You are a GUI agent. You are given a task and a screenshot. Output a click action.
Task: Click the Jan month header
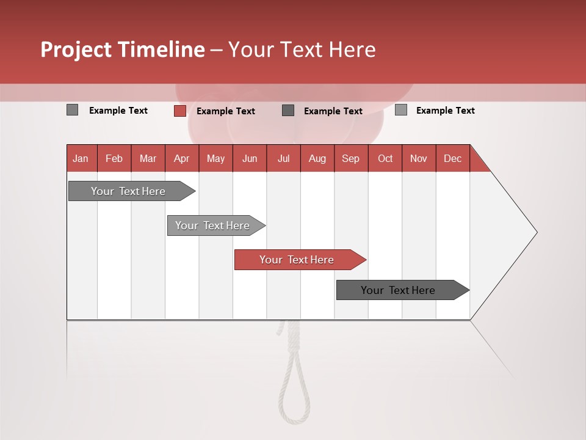tap(81, 158)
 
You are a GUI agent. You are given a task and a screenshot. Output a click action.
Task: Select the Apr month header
tap(181, 158)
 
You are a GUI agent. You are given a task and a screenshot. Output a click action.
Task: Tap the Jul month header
tap(283, 158)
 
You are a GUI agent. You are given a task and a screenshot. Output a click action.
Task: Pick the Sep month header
tap(350, 158)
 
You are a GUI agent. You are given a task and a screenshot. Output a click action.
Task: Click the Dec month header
tap(452, 158)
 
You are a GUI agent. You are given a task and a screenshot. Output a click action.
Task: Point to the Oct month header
tap(385, 158)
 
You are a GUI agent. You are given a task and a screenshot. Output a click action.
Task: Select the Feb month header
tap(114, 158)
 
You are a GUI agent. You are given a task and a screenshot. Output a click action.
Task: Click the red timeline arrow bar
tap(299, 260)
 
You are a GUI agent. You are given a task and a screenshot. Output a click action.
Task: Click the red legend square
tap(179, 111)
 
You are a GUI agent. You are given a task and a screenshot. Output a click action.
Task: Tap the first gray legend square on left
tap(72, 110)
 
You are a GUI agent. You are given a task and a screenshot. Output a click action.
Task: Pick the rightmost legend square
tap(401, 110)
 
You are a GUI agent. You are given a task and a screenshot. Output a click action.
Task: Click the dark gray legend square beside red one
tap(288, 111)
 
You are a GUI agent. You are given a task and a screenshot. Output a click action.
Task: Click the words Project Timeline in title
tap(122, 50)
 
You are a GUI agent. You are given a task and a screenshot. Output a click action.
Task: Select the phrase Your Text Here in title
tap(302, 50)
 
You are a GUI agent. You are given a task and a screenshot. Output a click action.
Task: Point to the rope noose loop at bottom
tap(294, 391)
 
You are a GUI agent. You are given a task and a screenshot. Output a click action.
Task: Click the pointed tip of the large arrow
tap(535, 232)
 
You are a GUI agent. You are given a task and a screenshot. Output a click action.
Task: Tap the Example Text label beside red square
tap(226, 111)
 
